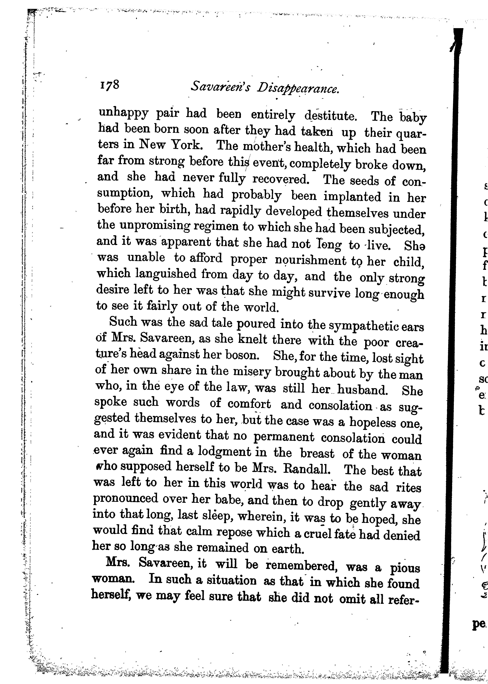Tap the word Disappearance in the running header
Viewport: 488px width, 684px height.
[298, 88]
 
